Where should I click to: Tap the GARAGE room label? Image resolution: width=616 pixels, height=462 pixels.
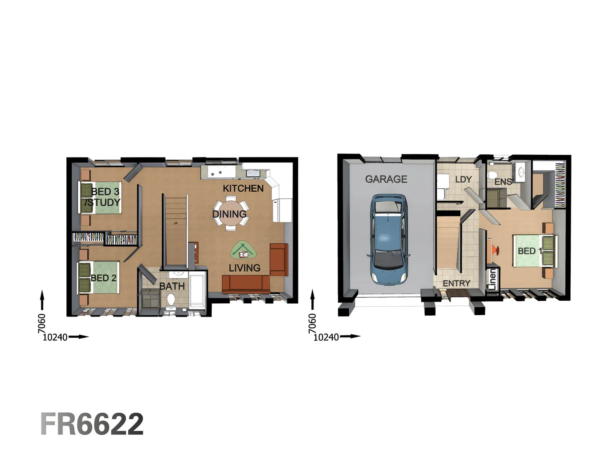(386, 179)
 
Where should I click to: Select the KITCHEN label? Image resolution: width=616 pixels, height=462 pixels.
(243, 188)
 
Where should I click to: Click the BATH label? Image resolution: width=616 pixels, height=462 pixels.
(172, 286)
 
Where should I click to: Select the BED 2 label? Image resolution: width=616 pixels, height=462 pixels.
(104, 278)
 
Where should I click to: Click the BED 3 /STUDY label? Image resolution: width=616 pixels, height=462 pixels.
(103, 197)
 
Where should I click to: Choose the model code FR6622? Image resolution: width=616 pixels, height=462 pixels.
(92, 424)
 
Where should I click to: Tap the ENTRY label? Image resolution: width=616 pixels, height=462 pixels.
(456, 283)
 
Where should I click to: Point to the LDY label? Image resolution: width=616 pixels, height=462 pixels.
(463, 180)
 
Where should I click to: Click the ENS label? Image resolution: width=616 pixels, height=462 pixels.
(503, 182)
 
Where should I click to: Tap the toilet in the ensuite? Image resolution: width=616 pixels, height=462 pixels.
(492, 175)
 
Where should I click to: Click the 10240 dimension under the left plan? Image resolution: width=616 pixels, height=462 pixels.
(55, 337)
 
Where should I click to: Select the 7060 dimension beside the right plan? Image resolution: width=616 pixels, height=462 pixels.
(312, 323)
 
